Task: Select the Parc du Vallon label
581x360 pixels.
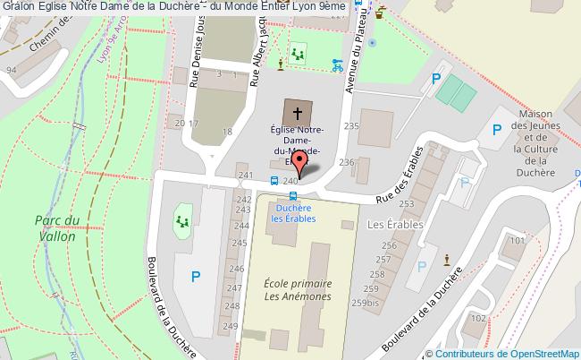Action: [58, 228]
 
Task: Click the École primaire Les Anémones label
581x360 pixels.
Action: [298, 288]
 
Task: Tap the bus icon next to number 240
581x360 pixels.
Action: [274, 182]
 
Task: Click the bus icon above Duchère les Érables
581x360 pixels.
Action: [293, 198]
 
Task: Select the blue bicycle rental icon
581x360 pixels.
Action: [337, 64]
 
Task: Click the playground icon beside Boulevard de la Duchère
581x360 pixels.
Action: [183, 219]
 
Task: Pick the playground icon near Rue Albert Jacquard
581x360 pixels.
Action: [297, 55]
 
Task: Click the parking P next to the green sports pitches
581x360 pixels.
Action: [436, 79]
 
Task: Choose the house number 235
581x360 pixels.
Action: [351, 127]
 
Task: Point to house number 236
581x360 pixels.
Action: [348, 162]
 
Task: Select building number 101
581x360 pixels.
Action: [516, 241]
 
